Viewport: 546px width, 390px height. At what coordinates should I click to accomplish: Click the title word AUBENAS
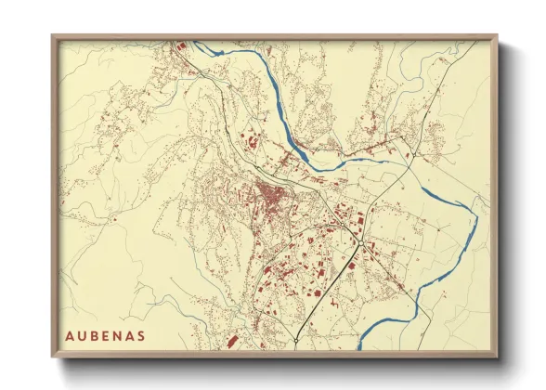pos(105,335)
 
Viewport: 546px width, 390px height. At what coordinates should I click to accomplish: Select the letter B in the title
pos(96,335)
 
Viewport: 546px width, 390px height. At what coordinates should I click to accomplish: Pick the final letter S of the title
pos(140,335)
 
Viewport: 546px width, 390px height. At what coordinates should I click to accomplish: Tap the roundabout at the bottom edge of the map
pos(295,342)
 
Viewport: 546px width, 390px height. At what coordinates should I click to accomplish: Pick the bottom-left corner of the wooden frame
pos(52,357)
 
